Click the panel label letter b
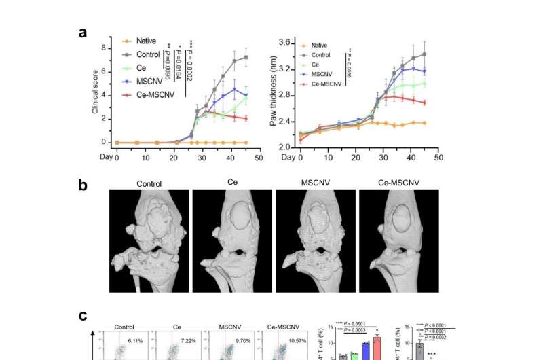pos(82,184)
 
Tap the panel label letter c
pos(82,316)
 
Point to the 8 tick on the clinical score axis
pos(104,48)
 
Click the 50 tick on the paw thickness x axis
pos(438,158)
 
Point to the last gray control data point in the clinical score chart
pos(246,57)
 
